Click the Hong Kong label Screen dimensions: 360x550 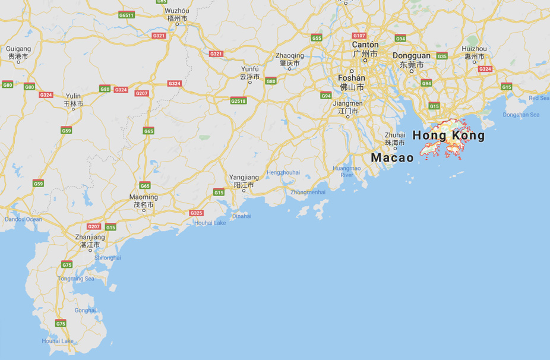[x=448, y=136]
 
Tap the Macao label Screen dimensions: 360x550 [x=392, y=158]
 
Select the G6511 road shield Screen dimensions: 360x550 [x=127, y=15]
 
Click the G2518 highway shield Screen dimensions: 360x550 [x=238, y=101]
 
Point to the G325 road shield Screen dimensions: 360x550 [x=196, y=213]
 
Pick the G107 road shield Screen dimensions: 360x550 [x=359, y=36]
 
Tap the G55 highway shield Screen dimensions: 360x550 [x=317, y=38]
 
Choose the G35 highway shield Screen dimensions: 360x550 [x=442, y=56]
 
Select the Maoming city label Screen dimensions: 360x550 [x=144, y=197]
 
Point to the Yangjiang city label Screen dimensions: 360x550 [x=244, y=178]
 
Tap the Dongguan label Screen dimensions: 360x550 [x=412, y=56]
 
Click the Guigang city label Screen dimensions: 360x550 [x=18, y=49]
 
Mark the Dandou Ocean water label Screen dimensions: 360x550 [x=24, y=220]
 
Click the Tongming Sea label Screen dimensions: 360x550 [x=76, y=279]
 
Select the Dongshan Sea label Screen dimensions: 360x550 [x=521, y=115]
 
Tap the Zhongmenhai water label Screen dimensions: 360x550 [x=308, y=192]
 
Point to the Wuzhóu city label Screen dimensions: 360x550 [x=177, y=11]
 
